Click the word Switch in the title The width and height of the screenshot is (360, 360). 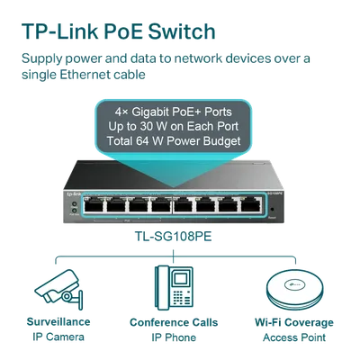pos(182,31)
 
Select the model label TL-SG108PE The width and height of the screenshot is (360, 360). pos(173,237)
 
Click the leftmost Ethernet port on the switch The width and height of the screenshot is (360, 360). pos(94,205)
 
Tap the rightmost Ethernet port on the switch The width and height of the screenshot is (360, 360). pos(251,205)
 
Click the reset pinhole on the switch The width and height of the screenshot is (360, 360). pos(273,210)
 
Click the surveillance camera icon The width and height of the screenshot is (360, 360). pos(58,290)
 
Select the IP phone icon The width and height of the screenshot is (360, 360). pos(174,288)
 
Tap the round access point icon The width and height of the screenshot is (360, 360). pos(295,289)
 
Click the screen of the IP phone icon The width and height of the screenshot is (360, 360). pos(180,279)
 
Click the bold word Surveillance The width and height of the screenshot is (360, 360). pos(58,322)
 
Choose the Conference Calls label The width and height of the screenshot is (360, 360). pos(174,322)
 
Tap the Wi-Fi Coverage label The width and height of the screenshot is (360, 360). pos(294,322)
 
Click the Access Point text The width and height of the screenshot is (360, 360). pos(294,337)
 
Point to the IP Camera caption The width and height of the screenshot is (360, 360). pos(58,337)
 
